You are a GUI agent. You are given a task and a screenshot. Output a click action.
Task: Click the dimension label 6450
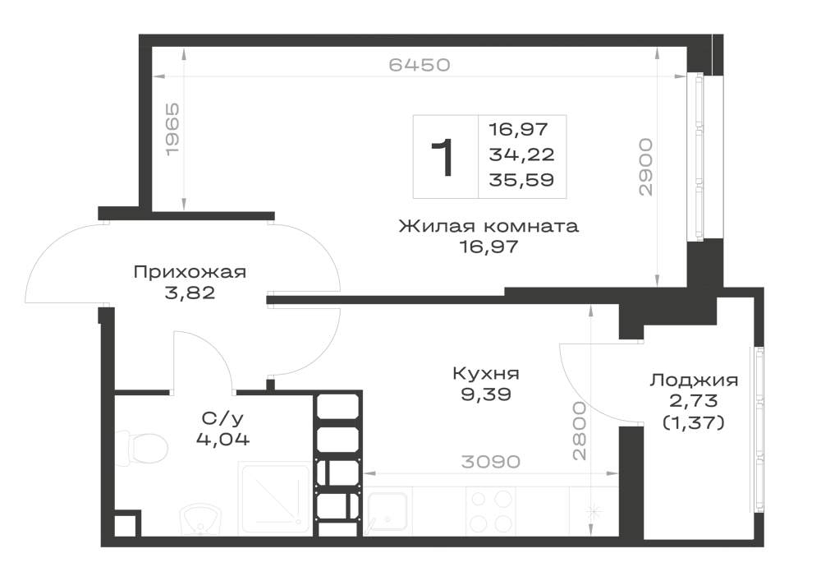coord(420,65)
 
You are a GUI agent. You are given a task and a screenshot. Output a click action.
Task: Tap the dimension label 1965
coord(172,129)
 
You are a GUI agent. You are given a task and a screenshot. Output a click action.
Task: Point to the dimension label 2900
coord(646,167)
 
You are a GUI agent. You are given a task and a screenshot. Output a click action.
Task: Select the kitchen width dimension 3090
coord(491,462)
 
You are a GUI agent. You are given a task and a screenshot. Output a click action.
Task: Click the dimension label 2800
coord(580,431)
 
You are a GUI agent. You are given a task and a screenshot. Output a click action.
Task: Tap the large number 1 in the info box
coord(443,157)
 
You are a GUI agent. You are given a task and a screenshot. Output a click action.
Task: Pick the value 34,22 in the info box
coord(521,154)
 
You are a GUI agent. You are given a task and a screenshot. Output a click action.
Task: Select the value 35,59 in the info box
coord(521,180)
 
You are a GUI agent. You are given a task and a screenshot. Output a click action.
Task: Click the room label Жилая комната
coord(488,226)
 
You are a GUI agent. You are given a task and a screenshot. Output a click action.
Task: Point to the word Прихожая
coord(190,273)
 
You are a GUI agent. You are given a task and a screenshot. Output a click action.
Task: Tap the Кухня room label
coord(486,374)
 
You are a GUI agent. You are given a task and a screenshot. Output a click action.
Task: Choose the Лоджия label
coord(694,380)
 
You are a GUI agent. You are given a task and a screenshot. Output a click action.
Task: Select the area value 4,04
coord(222,439)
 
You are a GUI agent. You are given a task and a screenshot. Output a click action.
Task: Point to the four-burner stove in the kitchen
coord(491,511)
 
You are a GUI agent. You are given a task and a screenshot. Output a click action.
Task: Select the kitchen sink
coord(387,512)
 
